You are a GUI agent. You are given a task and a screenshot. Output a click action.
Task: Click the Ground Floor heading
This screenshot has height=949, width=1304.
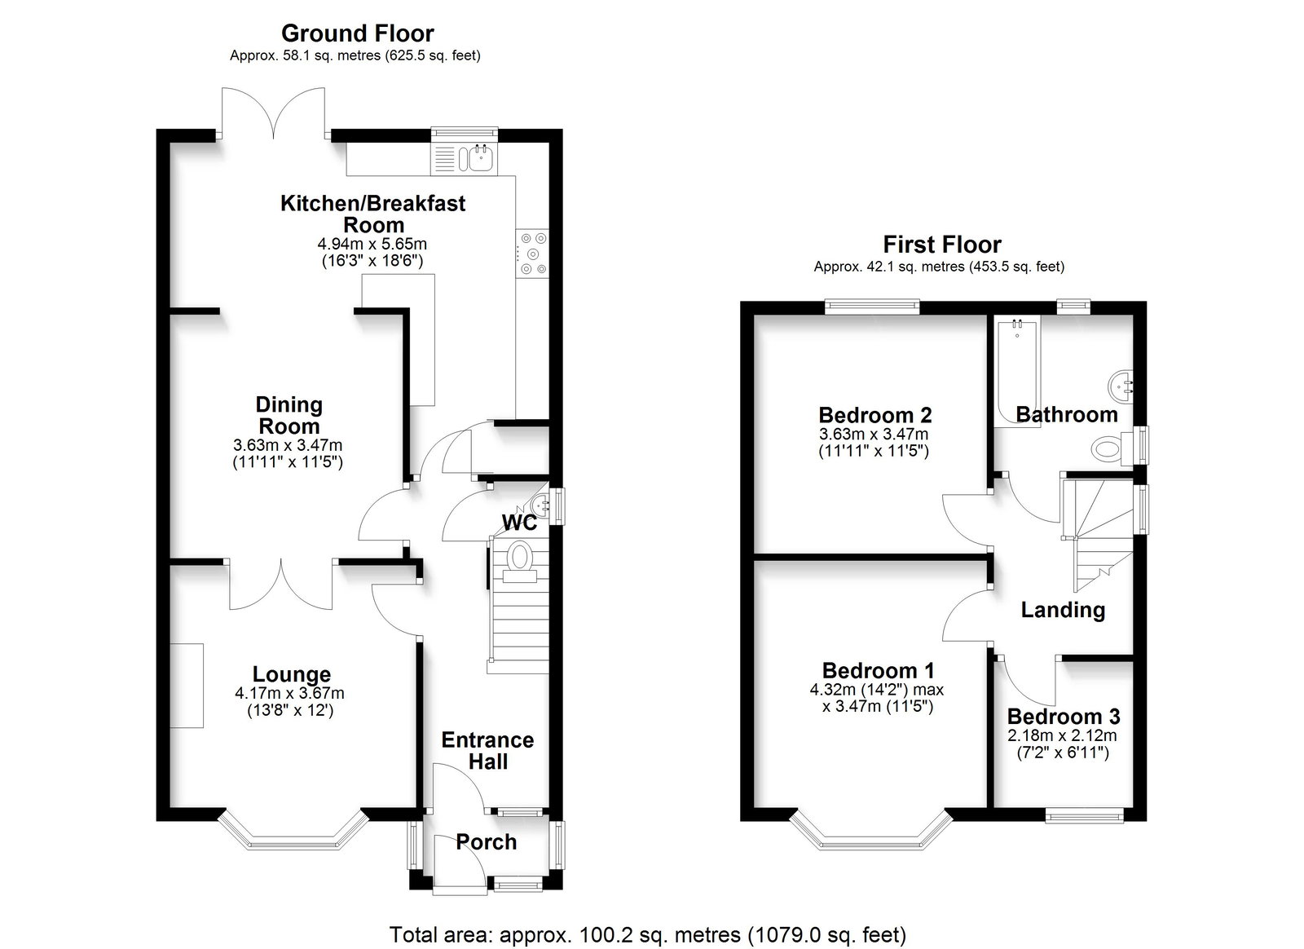pyautogui.click(x=358, y=33)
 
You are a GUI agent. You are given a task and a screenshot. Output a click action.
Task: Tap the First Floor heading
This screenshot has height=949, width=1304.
pyautogui.click(x=942, y=245)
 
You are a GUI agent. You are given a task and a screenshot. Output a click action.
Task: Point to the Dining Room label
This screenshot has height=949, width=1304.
pyautogui.click(x=289, y=415)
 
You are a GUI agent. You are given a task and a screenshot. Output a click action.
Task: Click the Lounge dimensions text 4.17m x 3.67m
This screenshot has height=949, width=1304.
pyautogui.click(x=289, y=694)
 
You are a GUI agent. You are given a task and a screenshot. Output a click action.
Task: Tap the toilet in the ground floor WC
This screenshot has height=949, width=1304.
pyautogui.click(x=520, y=561)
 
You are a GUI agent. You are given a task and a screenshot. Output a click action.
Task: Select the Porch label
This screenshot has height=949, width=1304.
pyautogui.click(x=486, y=842)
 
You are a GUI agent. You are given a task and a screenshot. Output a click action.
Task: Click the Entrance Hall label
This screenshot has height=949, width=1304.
pyautogui.click(x=488, y=750)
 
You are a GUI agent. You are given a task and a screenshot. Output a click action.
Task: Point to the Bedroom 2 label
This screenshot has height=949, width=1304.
pyautogui.click(x=875, y=415)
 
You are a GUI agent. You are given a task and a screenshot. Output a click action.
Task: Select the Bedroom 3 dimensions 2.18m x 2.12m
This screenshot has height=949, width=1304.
pyautogui.click(x=1063, y=735)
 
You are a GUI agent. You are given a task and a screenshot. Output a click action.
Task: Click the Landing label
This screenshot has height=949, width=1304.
pyautogui.click(x=1063, y=610)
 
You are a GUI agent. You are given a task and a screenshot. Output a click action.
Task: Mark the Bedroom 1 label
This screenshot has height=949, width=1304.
pyautogui.click(x=878, y=671)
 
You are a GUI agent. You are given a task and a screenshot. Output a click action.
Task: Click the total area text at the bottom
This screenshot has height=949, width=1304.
pyautogui.click(x=647, y=919)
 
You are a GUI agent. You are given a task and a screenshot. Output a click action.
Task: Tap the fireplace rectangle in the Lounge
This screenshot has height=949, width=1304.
pyautogui.click(x=187, y=686)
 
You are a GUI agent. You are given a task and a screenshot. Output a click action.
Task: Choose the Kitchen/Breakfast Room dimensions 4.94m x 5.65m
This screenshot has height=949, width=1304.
pyautogui.click(x=372, y=243)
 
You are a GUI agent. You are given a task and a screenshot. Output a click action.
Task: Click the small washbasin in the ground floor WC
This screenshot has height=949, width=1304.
pyautogui.click(x=540, y=502)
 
